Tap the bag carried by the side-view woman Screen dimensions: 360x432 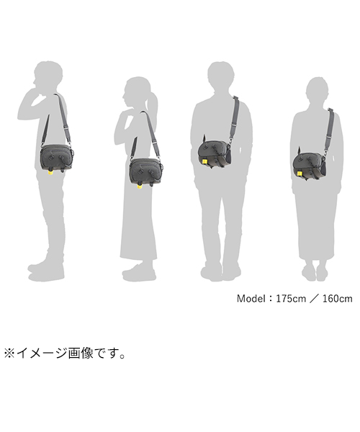tap(145, 171)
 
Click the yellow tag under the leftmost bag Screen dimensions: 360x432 tap(50, 173)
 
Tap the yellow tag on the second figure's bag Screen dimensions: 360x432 tap(140, 186)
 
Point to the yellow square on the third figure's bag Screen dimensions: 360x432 tap(204, 161)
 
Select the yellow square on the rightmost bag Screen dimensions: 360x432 tap(300, 174)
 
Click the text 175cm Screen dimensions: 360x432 tap(291, 298)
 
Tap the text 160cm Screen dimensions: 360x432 tap(338, 298)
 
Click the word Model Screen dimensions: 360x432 tap(251, 298)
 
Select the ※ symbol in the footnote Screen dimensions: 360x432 tap(9, 354)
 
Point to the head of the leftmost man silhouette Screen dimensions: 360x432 tap(48, 75)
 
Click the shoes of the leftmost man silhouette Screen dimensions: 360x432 tap(46, 272)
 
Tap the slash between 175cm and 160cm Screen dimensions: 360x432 tap(314, 298)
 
